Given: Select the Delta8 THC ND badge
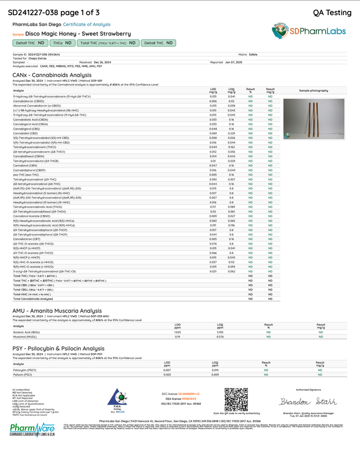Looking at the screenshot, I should click(x=158, y=43).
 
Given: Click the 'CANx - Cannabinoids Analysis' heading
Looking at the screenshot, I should click(x=52, y=75).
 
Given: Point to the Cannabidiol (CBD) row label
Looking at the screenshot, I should click(x=27, y=133).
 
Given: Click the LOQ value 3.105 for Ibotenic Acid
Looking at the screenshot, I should click(x=220, y=332).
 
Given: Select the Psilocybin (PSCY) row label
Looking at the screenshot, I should click(x=24, y=369).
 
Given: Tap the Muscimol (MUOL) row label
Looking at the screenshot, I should click(x=24, y=336).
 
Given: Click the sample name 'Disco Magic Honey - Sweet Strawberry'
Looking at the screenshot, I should click(x=77, y=34).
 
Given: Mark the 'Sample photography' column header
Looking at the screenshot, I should click(x=314, y=91).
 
